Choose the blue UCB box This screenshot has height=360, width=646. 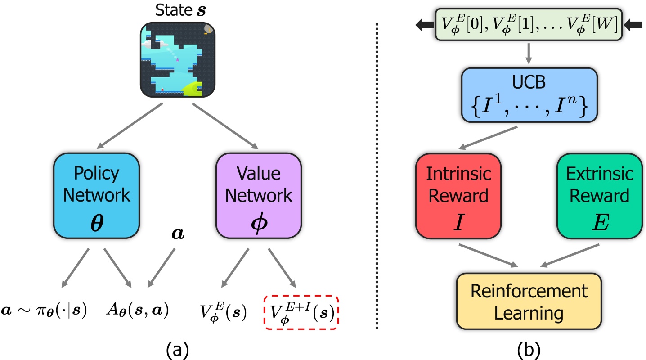coord(529,95)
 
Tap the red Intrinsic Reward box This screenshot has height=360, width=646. coord(458,195)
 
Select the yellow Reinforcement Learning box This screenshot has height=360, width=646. coord(529,301)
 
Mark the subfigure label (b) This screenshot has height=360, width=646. coord(529,348)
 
